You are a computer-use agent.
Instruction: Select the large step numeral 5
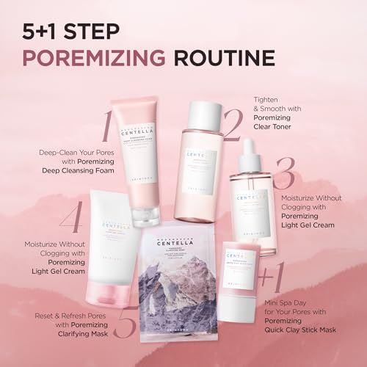tap(125, 324)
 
